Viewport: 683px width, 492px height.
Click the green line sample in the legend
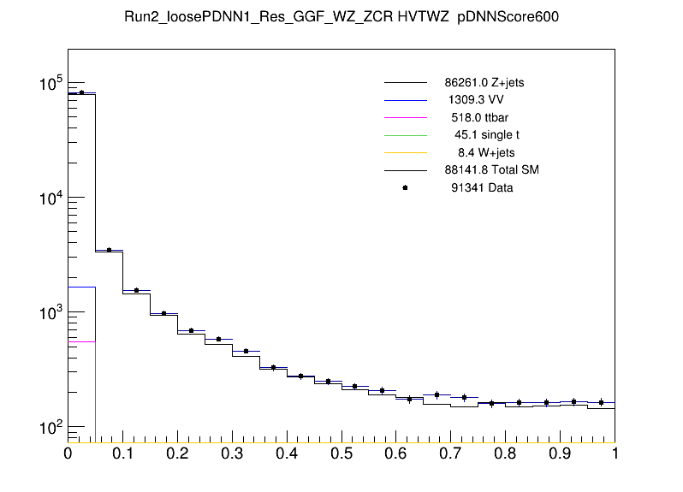(x=405, y=135)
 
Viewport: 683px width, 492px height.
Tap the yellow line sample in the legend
(x=405, y=152)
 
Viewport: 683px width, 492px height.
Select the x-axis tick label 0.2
(x=177, y=453)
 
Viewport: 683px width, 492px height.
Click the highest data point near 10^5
(x=81, y=92)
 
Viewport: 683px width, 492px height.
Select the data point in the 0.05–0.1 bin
(x=109, y=250)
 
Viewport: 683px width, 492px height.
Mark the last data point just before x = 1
(x=601, y=402)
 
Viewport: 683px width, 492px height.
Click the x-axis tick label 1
(x=615, y=453)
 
